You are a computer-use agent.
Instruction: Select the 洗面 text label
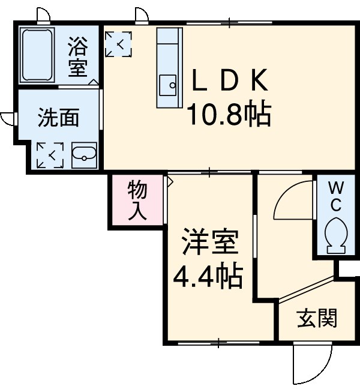point(58,118)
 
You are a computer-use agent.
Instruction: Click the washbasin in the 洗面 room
point(84,157)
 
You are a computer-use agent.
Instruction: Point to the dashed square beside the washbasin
point(50,155)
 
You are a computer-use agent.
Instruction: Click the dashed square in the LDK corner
point(118,43)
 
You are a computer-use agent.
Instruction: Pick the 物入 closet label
point(137,202)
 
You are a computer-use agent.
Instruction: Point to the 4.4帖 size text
point(208,276)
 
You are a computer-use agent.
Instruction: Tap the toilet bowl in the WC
point(335,235)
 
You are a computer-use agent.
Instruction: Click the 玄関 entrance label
point(317,319)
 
